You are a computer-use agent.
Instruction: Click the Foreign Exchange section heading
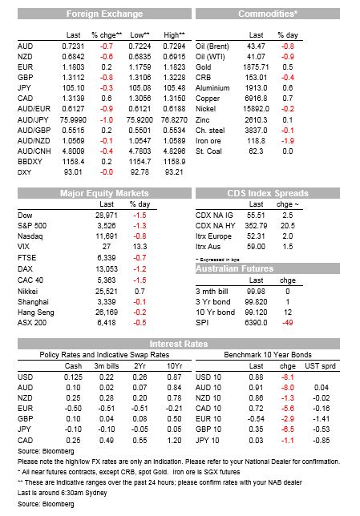point(104,14)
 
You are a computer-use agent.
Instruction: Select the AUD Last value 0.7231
point(73,46)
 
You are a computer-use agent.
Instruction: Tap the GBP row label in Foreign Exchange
point(26,78)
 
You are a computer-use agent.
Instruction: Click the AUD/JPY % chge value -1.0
point(107,120)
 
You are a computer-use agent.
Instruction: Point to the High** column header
point(174,35)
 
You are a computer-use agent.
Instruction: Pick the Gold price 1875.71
point(256,67)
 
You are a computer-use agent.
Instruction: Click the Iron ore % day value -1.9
point(288,141)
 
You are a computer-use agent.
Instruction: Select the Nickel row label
point(205,109)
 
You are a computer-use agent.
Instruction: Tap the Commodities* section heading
point(268,14)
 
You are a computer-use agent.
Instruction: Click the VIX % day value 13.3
point(140,247)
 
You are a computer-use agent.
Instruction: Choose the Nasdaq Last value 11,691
point(107,236)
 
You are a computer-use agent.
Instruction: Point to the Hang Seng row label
point(36,312)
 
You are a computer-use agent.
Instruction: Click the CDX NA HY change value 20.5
point(288,225)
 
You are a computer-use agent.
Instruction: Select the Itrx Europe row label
point(213,236)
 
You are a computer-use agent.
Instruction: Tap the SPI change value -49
point(288,322)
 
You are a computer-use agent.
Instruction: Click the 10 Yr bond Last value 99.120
point(256,312)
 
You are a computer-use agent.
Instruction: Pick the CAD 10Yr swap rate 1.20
point(174,440)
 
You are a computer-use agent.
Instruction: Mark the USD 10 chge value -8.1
point(288,377)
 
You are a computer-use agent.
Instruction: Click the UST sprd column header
point(320,366)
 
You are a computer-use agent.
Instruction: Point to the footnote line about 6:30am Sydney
point(63,493)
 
